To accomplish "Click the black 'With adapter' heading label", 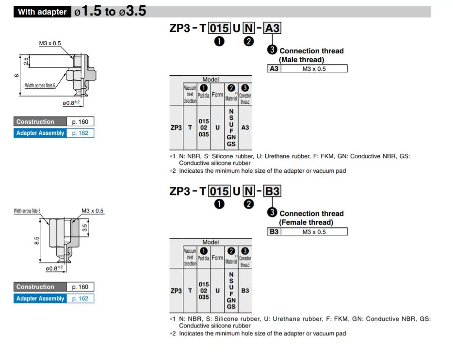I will [x=42, y=12].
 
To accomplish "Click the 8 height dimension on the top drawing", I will [x=16, y=75].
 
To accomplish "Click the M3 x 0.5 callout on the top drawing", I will [x=50, y=44].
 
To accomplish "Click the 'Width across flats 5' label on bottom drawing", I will [x=27, y=211].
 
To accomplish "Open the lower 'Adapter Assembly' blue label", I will [x=40, y=298].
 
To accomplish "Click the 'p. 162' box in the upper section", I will [x=80, y=133].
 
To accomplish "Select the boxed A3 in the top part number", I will [x=273, y=29].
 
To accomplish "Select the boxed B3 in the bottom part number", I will [x=273, y=191].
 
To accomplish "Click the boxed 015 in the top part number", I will [x=219, y=29].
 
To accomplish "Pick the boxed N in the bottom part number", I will [x=249, y=191].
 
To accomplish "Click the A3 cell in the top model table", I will [x=245, y=128].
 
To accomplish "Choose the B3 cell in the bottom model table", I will [x=245, y=290].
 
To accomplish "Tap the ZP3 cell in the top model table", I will [x=176, y=128].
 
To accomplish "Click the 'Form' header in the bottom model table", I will [x=217, y=258].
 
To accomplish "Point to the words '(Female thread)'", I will [x=306, y=222].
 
